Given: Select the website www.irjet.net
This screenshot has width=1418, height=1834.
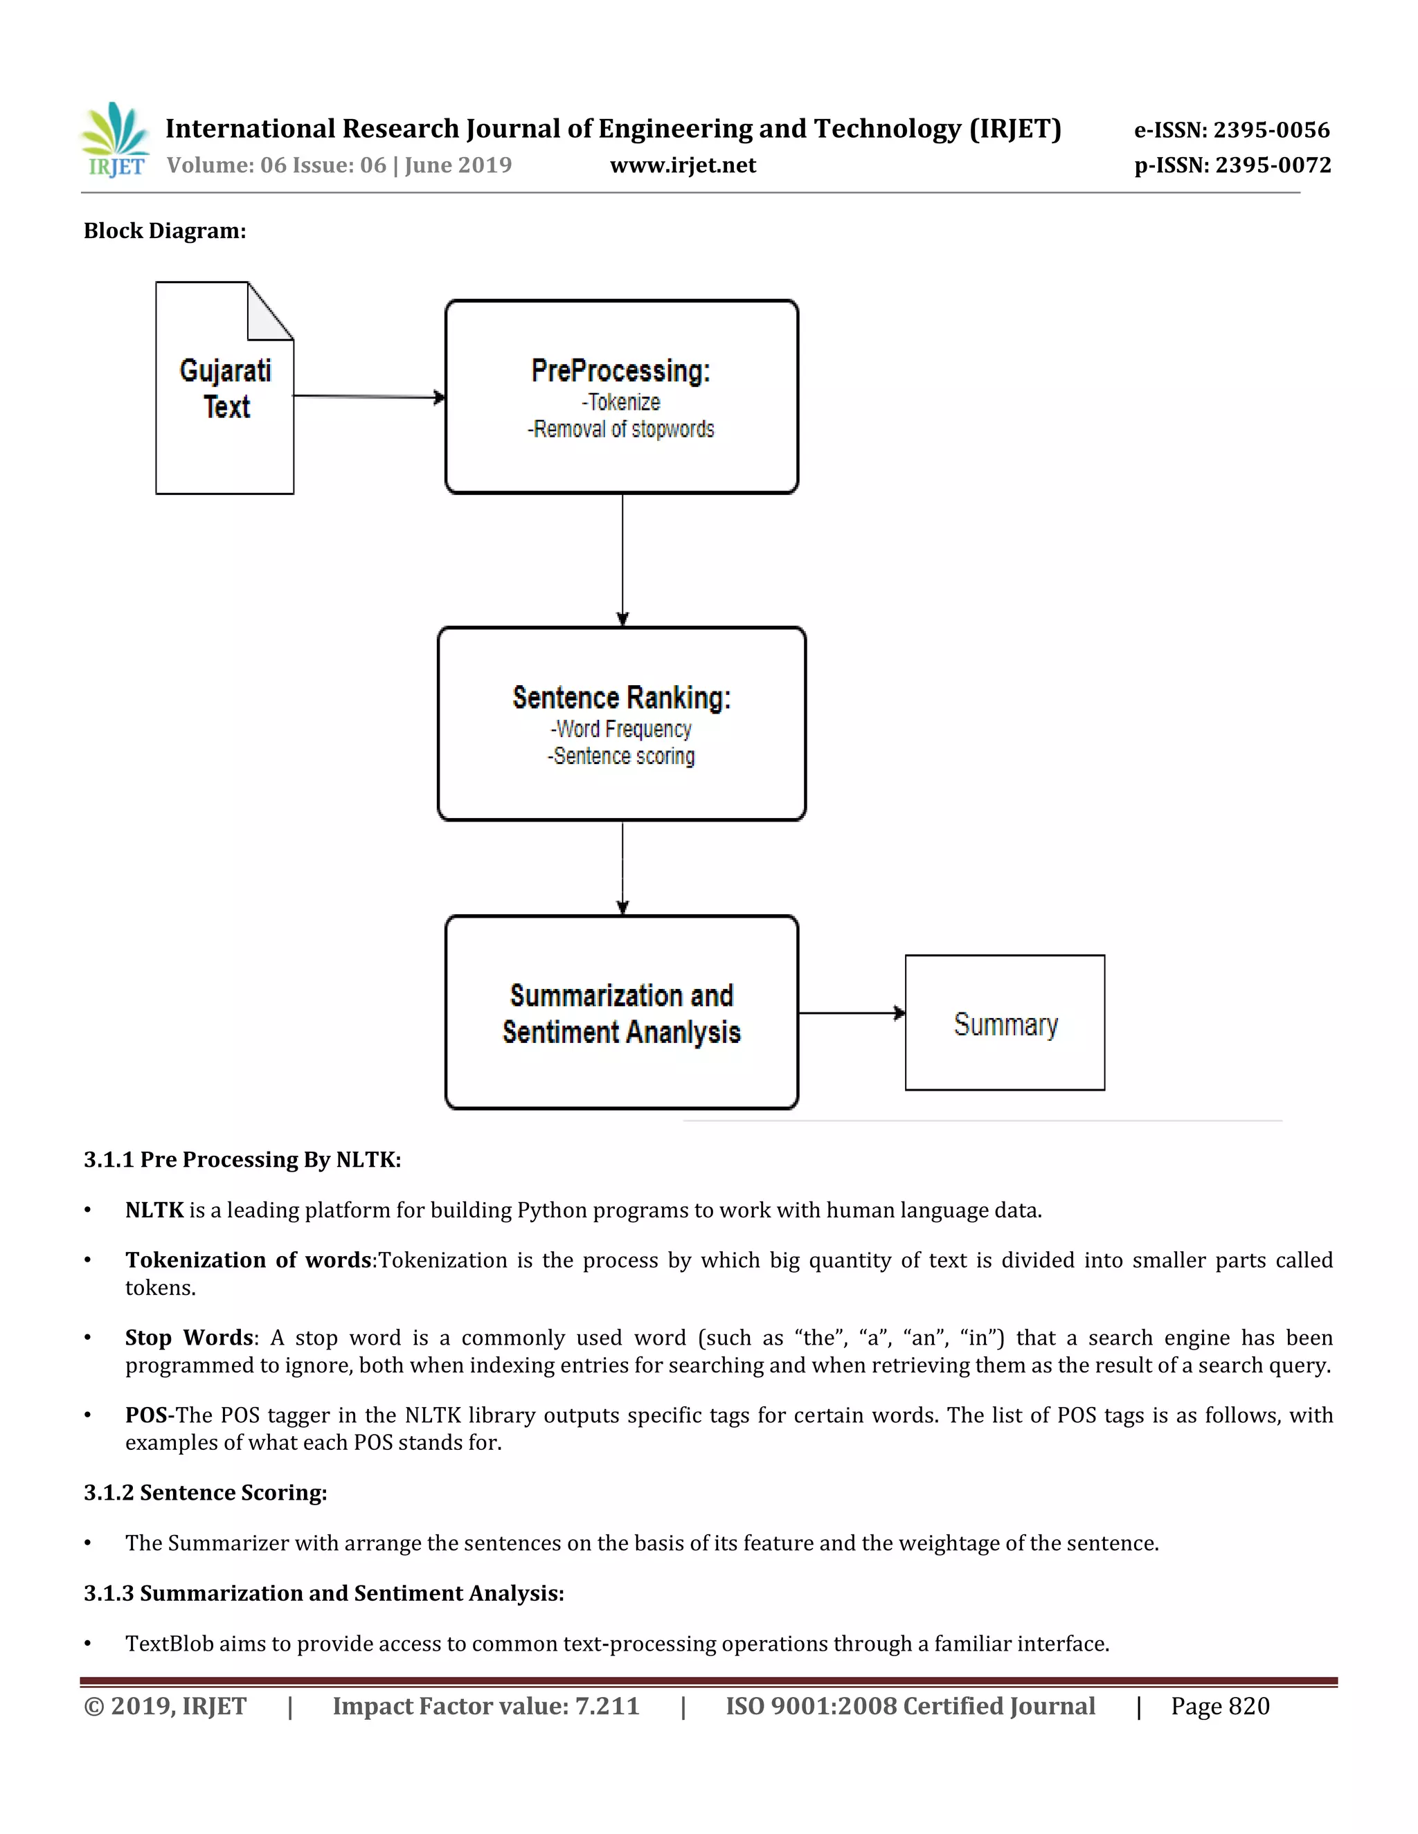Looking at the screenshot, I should [682, 165].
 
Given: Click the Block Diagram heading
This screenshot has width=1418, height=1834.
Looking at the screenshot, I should [165, 231].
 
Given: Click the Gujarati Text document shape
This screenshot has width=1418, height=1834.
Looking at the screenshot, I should [224, 389].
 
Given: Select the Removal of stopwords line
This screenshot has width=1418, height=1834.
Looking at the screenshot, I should [621, 429].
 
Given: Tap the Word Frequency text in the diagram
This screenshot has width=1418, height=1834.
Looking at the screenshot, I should [622, 729].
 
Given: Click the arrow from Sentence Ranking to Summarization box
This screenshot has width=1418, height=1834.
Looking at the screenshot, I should [622, 866].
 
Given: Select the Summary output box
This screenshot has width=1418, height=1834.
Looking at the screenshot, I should [1005, 1023].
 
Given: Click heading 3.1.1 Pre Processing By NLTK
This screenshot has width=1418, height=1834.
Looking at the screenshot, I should [242, 1160].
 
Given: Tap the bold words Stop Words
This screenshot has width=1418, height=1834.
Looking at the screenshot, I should [189, 1338].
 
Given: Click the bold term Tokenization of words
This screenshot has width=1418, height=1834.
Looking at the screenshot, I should [248, 1260].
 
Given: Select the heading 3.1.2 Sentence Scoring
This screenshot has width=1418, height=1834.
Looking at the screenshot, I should [205, 1493].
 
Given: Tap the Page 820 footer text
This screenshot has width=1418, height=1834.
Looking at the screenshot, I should [1220, 1707].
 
